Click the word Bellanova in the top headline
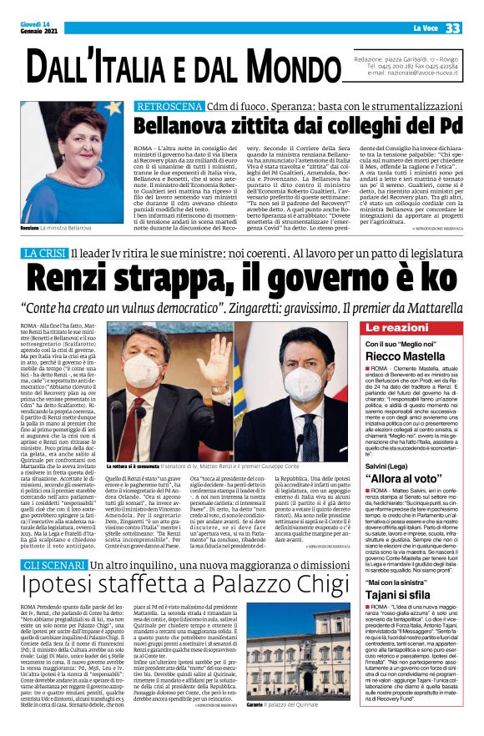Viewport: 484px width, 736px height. point(184,127)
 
